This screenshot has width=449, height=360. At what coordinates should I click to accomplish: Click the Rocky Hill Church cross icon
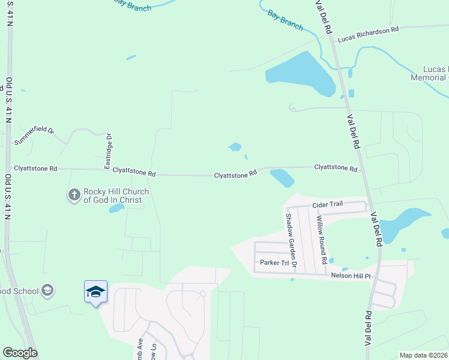tap(74, 195)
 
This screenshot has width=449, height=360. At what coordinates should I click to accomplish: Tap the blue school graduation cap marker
tap(96, 292)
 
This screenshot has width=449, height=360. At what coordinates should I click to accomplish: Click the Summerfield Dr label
tap(35, 130)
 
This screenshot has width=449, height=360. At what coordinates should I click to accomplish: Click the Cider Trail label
tap(327, 205)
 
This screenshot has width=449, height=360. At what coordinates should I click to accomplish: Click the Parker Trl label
tap(274, 263)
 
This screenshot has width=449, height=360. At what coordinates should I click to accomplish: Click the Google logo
tap(20, 353)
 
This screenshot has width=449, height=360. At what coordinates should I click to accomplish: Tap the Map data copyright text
tap(423, 355)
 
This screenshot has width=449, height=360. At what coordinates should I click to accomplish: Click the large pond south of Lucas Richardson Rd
tap(301, 76)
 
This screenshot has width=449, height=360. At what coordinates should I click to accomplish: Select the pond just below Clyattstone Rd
tap(281, 178)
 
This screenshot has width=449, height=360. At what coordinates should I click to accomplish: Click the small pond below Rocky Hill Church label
tap(116, 208)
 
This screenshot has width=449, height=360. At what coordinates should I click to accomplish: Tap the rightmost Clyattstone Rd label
tap(336, 169)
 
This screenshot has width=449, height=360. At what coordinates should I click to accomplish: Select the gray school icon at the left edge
tap(48, 291)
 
